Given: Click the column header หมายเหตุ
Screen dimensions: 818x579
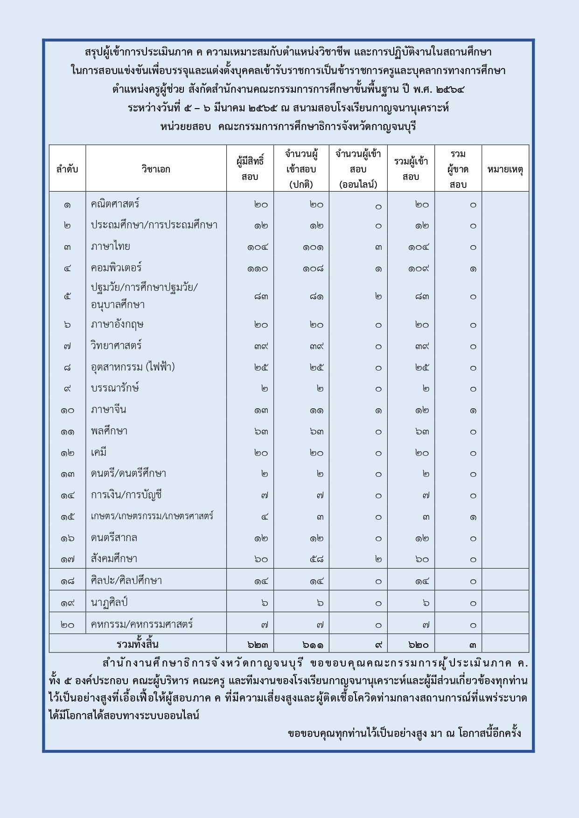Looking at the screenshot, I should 505,169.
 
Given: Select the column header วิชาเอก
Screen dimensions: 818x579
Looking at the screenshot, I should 156,169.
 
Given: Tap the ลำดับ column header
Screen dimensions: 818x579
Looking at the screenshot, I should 67,169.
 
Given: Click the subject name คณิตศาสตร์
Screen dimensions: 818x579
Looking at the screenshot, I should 115,204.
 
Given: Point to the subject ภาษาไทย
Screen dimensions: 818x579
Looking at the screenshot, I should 111,247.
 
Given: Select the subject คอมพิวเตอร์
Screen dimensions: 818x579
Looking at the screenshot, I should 116,268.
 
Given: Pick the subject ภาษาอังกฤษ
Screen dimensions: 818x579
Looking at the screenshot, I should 117,324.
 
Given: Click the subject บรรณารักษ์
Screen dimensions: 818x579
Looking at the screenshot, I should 115,388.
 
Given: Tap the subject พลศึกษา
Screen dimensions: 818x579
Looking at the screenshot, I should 109,431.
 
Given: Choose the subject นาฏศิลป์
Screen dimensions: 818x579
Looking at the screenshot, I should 109,602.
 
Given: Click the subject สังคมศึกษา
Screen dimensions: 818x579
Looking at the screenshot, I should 114,559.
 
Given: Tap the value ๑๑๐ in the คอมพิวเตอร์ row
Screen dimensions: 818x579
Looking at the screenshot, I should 258,269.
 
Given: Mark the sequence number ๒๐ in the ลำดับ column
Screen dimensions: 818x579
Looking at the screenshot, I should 67,625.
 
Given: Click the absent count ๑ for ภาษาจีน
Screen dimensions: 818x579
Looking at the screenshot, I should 473,411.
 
